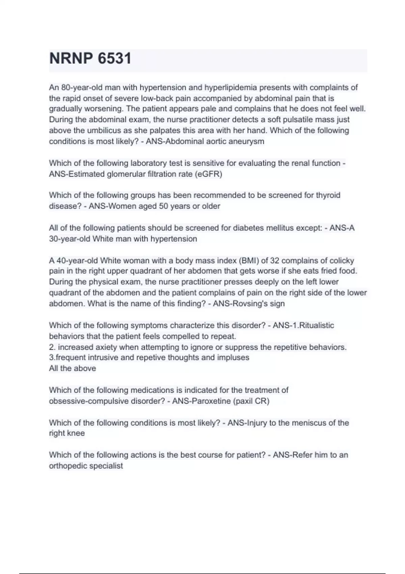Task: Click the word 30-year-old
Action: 70,239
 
